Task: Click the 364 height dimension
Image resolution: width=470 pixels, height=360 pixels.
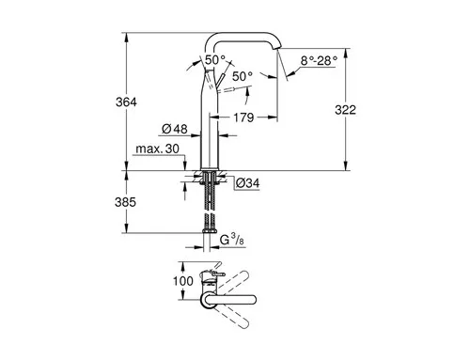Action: coord(126,102)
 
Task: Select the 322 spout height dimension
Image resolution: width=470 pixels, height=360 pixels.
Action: coord(345,110)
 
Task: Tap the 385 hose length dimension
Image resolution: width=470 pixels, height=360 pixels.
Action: coord(125,202)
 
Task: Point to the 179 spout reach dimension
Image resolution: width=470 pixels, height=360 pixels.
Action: coord(243,117)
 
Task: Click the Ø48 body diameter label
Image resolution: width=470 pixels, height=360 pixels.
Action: coord(175,129)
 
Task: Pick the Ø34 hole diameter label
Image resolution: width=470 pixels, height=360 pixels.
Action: coord(247,183)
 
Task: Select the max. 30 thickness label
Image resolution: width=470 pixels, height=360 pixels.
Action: coord(157,149)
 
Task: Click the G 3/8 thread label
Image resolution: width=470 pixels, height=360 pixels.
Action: coord(232,240)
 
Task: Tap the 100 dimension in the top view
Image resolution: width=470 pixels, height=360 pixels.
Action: coord(183,281)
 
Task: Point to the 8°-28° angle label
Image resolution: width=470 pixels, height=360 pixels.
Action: coord(319,60)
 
